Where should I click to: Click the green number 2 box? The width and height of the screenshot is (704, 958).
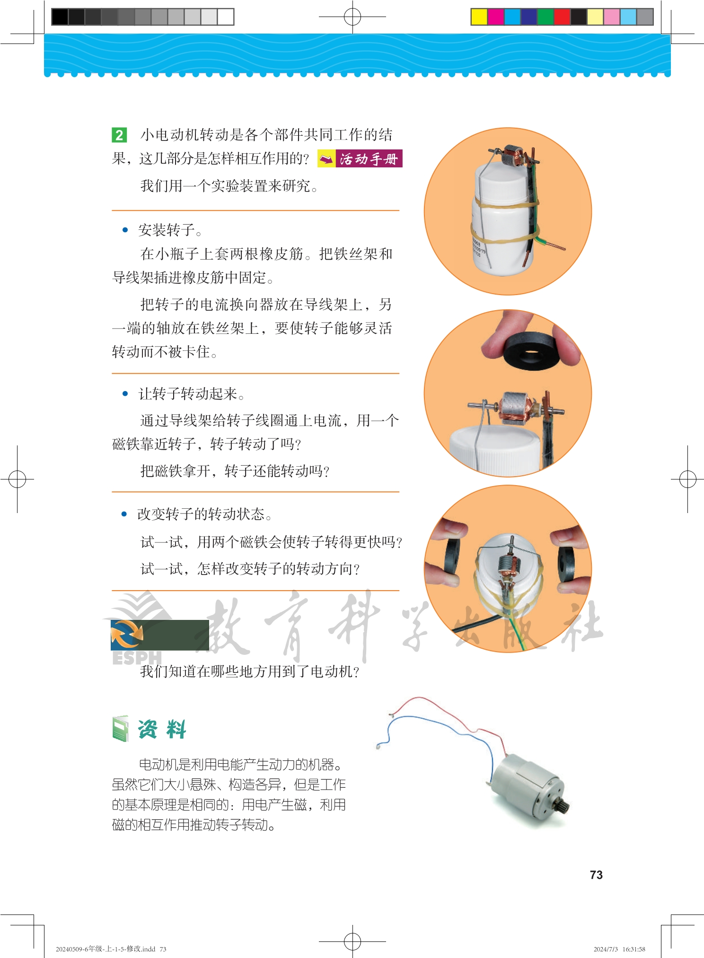[x=119, y=135]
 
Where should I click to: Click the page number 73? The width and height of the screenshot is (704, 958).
[x=596, y=875]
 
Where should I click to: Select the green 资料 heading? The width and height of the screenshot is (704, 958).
[x=162, y=729]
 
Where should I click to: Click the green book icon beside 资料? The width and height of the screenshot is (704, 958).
[x=121, y=729]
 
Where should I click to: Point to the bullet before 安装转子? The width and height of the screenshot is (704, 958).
[x=125, y=230]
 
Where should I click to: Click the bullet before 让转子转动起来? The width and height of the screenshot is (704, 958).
[x=125, y=393]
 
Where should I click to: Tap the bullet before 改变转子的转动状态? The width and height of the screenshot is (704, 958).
[x=124, y=514]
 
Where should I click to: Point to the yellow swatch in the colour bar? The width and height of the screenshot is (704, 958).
[x=479, y=17]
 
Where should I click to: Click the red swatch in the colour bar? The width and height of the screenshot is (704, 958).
[x=562, y=17]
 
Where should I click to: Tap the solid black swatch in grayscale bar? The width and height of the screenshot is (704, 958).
[x=60, y=17]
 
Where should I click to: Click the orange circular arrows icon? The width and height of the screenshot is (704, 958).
[x=127, y=635]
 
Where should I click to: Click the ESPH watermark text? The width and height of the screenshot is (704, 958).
[x=137, y=658]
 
